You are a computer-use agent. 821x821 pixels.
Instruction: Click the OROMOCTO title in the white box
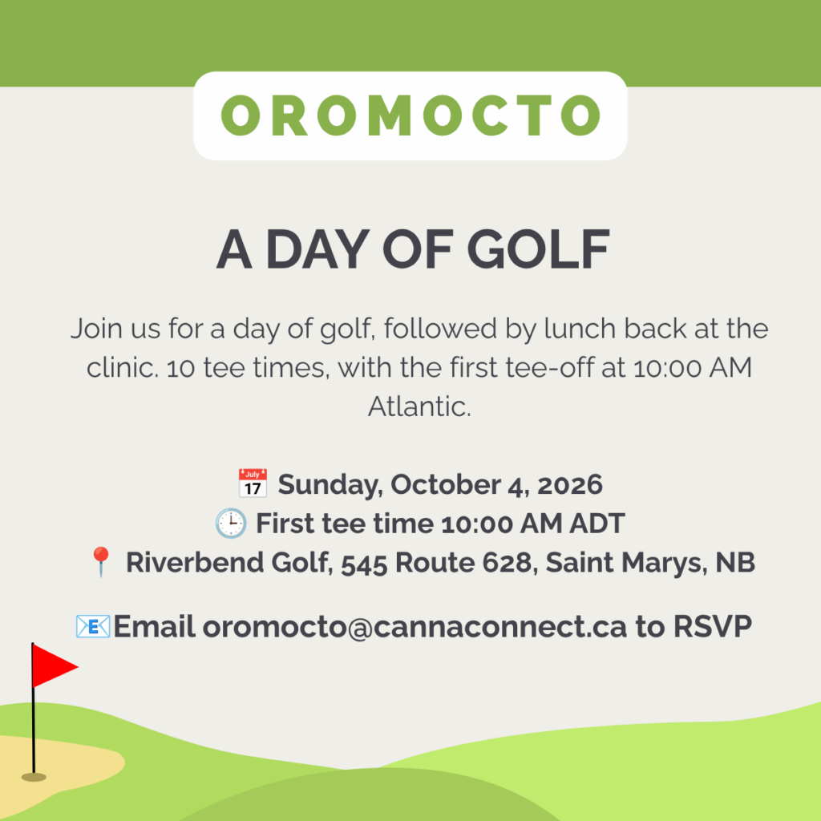tap(410, 115)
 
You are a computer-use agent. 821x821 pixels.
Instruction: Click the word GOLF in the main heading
tap(538, 249)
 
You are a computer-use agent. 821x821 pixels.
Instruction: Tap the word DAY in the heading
tap(317, 249)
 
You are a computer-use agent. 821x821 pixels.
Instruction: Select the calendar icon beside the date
tap(253, 483)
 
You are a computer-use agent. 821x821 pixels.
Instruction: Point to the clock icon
tap(231, 523)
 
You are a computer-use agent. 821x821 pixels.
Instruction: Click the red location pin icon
tap(101, 562)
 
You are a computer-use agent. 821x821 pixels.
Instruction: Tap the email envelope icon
tap(93, 626)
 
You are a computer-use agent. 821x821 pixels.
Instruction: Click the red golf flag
tap(55, 665)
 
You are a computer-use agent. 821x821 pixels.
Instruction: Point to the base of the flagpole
tap(34, 777)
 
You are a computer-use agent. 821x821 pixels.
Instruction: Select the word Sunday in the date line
tap(330, 485)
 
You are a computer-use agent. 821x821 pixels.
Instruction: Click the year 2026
tap(569, 485)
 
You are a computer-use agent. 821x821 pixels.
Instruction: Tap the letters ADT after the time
tap(597, 523)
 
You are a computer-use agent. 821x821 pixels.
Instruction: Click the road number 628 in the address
tap(507, 562)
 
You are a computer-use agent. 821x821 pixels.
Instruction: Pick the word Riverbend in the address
tap(195, 562)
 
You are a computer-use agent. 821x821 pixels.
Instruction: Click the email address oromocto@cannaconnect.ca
tap(415, 627)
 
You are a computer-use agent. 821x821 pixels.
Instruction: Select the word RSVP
tap(713, 626)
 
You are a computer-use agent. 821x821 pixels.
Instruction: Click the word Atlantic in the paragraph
tap(419, 406)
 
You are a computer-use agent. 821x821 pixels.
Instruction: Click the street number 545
tap(365, 564)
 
